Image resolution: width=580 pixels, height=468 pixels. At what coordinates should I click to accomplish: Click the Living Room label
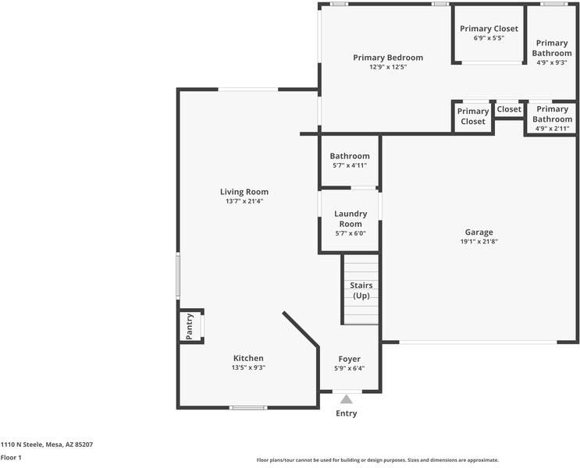244,191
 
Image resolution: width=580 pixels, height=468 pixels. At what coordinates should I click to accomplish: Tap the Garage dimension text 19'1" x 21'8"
479,241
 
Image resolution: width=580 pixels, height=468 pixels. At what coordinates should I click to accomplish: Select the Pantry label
190,326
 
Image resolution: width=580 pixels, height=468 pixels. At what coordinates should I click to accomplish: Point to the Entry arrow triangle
347,399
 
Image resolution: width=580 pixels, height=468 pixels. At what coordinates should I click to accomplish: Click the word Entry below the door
347,413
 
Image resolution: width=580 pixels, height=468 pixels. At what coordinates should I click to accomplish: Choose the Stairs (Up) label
361,290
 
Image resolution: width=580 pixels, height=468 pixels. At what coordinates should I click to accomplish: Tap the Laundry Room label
350,218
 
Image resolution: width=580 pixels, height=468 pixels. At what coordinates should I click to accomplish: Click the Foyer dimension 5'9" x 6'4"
349,368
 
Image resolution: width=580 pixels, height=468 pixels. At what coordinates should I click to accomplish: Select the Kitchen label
248,358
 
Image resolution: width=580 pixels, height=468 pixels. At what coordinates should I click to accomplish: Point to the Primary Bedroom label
388,57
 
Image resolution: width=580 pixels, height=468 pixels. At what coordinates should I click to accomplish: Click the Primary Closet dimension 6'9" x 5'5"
489,37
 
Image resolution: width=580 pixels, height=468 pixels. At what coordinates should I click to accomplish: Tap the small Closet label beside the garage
509,109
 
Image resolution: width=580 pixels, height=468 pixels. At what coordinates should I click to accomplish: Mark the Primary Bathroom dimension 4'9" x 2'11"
552,129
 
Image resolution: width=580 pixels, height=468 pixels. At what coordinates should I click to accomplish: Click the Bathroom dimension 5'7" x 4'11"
350,165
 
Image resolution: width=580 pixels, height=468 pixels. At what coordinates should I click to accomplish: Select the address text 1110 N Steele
23,445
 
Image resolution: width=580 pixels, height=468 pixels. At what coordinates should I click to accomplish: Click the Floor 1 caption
11,457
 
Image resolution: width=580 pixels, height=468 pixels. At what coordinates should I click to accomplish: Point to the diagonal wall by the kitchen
301,329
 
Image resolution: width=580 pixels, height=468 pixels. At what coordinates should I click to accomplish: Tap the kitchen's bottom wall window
248,408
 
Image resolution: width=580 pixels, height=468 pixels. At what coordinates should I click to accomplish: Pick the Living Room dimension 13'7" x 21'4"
244,201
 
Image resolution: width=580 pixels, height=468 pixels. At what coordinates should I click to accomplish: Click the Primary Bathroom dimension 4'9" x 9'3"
552,62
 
